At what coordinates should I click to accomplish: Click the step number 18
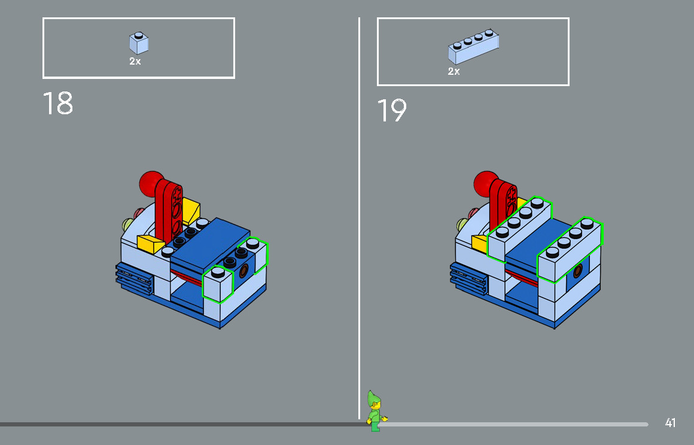click(x=58, y=103)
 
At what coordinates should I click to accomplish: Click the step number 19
click(x=392, y=111)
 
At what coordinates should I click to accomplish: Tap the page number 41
click(x=670, y=423)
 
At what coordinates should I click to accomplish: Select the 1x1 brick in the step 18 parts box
click(x=139, y=44)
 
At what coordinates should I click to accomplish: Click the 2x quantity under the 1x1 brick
click(x=135, y=61)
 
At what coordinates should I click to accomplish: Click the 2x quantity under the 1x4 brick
click(x=454, y=71)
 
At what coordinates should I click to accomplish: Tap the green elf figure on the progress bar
click(x=375, y=411)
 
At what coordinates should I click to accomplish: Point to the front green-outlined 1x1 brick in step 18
click(x=218, y=285)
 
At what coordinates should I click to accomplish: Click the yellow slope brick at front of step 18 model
click(x=150, y=243)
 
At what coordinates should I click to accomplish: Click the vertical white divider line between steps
click(x=359, y=215)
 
